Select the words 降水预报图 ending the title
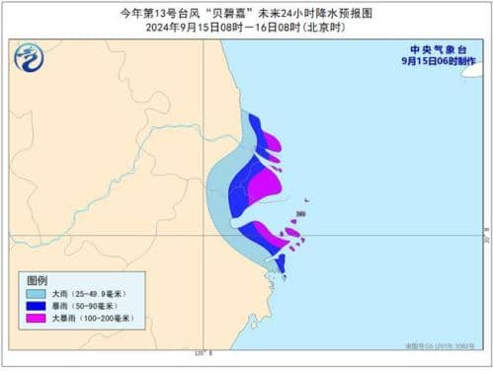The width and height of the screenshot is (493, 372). tap(350, 12)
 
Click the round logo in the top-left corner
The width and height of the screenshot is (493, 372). tap(28, 59)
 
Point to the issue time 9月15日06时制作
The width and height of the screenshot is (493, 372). tap(437, 60)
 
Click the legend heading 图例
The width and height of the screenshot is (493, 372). tap(37, 280)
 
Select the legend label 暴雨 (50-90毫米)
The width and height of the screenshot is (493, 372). tap(90, 306)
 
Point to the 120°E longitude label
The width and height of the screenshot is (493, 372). tap(204, 353)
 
